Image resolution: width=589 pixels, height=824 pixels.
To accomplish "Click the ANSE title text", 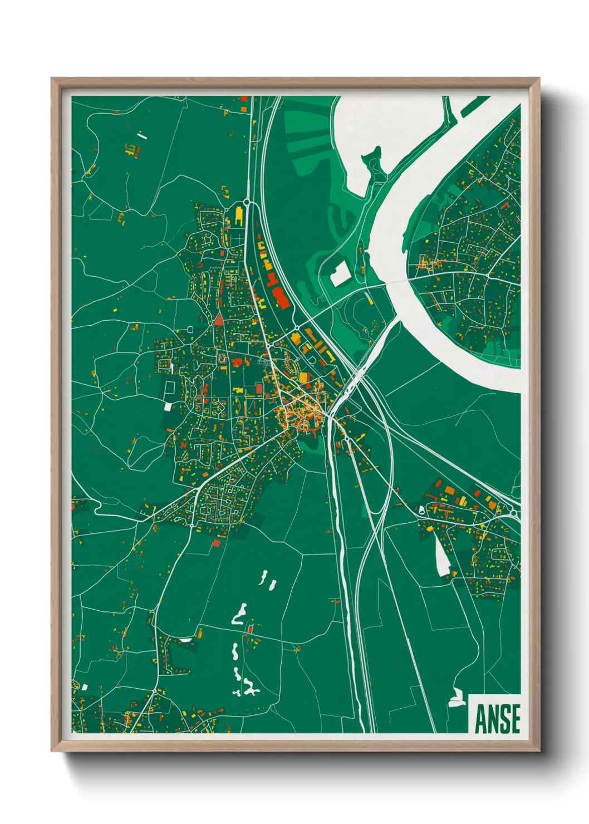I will tap(497, 718).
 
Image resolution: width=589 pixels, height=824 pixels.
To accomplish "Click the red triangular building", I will tap(218, 320).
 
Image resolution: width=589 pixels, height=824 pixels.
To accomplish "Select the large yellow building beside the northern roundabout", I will tap(239, 215).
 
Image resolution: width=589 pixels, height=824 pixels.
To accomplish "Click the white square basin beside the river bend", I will tap(340, 273).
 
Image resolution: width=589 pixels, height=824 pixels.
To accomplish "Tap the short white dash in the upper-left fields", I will tap(143, 134).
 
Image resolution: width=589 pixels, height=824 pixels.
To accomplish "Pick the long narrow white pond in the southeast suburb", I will tap(443, 557).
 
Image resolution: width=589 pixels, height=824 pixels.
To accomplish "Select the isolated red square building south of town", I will tap(250, 629).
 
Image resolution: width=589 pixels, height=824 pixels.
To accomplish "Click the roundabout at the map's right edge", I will tap(516, 513).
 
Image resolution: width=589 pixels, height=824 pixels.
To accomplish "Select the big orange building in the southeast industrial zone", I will tap(448, 491).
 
